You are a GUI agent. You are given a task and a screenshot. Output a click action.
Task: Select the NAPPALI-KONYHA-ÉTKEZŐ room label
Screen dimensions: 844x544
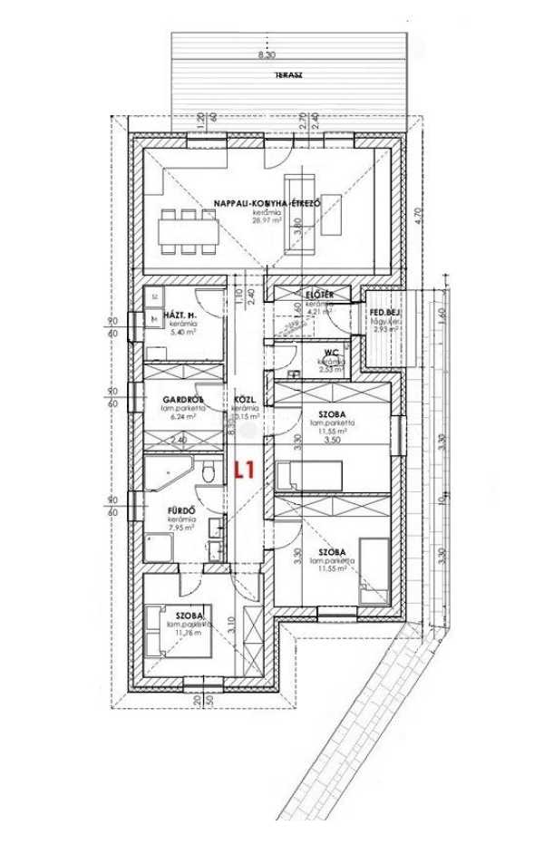[267, 203]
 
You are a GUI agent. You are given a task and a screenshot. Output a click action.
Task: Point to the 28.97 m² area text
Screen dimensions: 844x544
[267, 220]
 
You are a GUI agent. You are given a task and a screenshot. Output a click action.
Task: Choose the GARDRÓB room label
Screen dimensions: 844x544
[182, 399]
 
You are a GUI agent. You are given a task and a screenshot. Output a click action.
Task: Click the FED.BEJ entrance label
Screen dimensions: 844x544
[385, 314]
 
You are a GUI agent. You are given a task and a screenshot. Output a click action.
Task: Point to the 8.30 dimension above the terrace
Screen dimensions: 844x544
[266, 55]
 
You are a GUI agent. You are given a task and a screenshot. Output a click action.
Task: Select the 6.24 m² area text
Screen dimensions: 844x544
[182, 418]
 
